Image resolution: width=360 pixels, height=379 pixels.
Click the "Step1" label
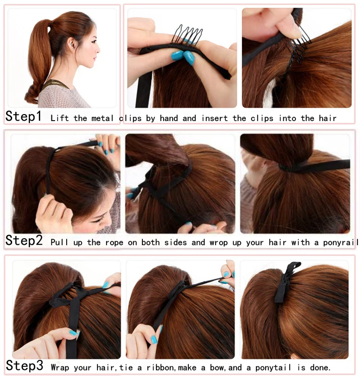pyautogui.click(x=24, y=116)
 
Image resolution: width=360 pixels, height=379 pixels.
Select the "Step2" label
pyautogui.click(x=24, y=241)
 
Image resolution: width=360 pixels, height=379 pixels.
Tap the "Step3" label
pyautogui.click(x=24, y=365)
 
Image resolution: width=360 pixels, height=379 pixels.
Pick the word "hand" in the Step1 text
pyautogui.click(x=172, y=118)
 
